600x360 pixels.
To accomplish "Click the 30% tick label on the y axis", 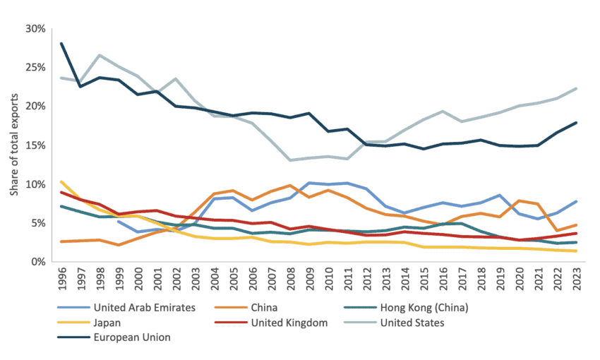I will (35, 29).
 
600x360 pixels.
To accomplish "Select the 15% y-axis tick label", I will (35, 145).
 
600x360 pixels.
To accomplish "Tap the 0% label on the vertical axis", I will (37, 262).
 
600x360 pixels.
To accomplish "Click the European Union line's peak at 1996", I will (61, 43).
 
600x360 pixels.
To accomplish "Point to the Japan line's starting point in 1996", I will (61, 181).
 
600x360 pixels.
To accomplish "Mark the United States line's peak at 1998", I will (100, 55).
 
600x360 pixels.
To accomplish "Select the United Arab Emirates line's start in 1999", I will (119, 221).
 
